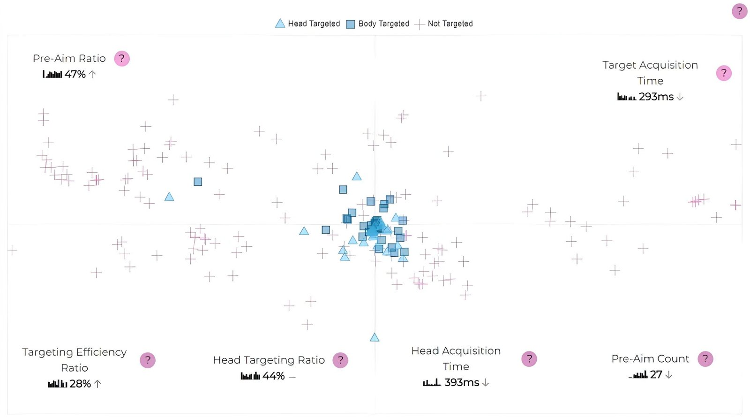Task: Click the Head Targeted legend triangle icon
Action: point(280,23)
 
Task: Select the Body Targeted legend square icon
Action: point(350,24)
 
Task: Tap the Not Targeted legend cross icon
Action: point(420,24)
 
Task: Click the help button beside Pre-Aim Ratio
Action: point(122,59)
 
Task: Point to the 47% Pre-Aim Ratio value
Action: point(75,74)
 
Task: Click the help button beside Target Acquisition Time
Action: point(724,73)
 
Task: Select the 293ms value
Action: point(656,97)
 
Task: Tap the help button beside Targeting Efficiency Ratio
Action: point(148,360)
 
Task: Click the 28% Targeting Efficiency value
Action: point(80,384)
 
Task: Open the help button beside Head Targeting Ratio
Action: point(340,360)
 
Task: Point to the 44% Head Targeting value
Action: point(273,376)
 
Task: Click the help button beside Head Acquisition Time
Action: point(529,359)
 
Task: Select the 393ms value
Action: point(461,382)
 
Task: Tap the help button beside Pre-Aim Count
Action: point(705,359)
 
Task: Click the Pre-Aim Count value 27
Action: point(656,374)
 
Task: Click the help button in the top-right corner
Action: point(740,11)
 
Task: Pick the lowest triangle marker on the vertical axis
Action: point(375,337)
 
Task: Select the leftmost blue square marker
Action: point(198,182)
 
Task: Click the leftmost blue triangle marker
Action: point(169,197)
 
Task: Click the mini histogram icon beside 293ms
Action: point(627,97)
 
